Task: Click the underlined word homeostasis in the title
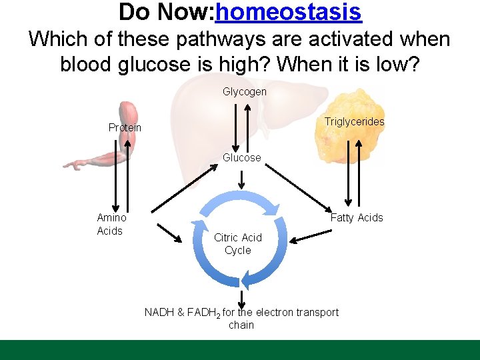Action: pyautogui.click(x=289, y=11)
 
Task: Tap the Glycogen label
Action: pyautogui.click(x=244, y=91)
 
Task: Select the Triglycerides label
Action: pyautogui.click(x=354, y=121)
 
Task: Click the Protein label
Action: pyautogui.click(x=125, y=127)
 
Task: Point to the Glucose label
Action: pyautogui.click(x=241, y=157)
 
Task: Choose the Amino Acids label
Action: pyautogui.click(x=110, y=224)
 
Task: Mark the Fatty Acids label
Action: pyautogui.click(x=357, y=217)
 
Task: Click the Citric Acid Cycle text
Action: pyautogui.click(x=238, y=244)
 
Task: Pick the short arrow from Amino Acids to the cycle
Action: pyautogui.click(x=169, y=233)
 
